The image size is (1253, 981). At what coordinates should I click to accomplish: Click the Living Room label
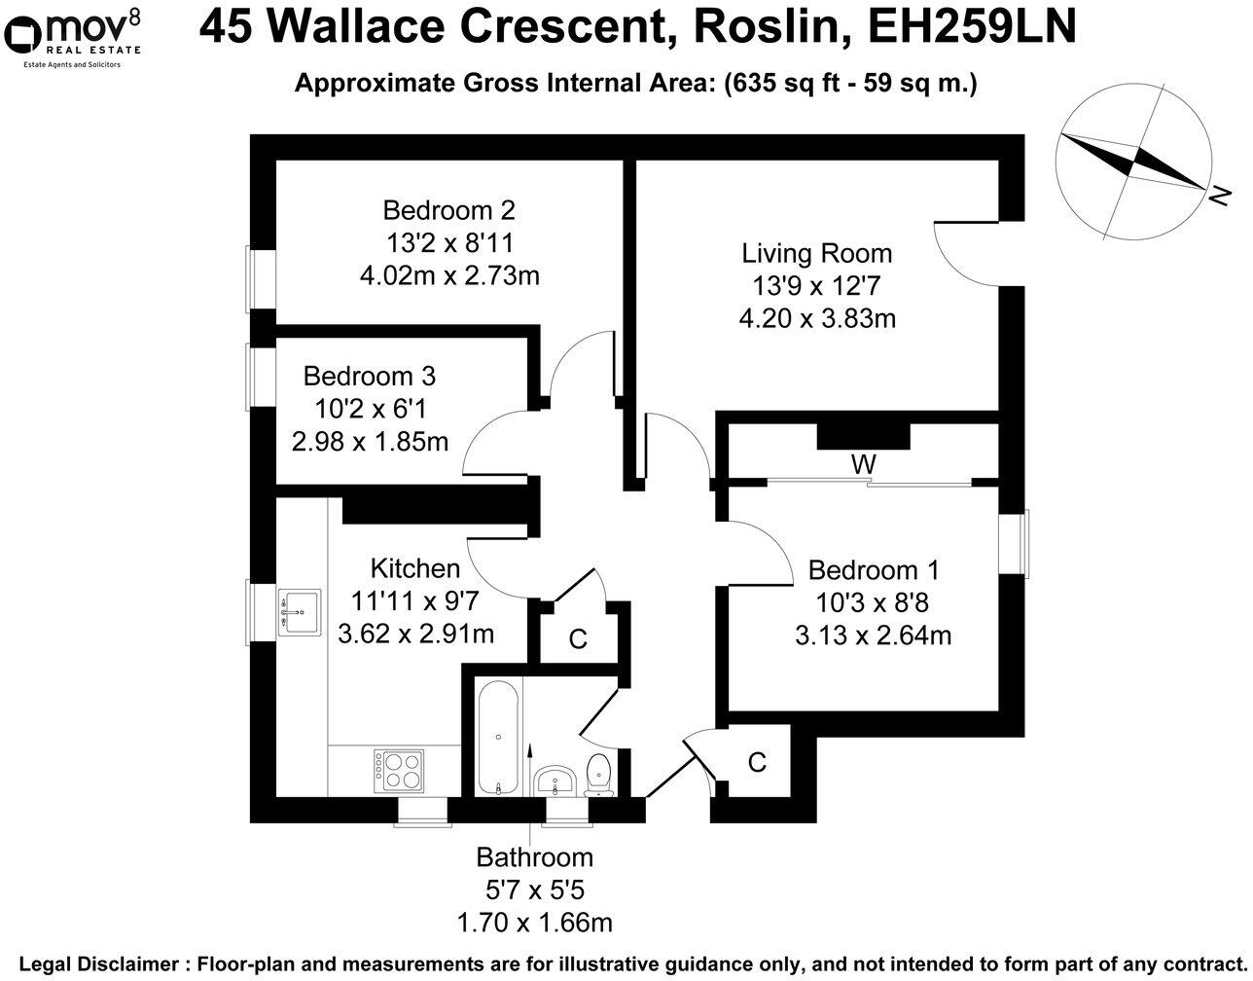coord(816,254)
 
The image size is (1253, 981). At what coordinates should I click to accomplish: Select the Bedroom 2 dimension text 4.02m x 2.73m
coord(449,275)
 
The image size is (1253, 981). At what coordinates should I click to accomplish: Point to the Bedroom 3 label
coord(369,376)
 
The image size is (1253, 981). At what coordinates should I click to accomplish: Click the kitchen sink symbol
coord(299,613)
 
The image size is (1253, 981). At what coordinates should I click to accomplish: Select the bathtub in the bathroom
coord(498,738)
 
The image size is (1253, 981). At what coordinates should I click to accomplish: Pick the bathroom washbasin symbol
coord(556,781)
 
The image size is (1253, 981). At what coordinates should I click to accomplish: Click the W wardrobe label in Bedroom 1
coord(863,465)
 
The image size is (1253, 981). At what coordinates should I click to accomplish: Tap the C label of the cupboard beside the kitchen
coord(578,639)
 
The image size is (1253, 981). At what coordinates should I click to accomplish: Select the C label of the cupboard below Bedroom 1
coord(757,762)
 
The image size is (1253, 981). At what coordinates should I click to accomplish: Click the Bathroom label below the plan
coord(534,857)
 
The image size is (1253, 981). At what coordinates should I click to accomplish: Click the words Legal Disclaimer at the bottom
coord(99,964)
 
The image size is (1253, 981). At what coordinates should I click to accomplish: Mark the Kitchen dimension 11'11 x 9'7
coord(415,601)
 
